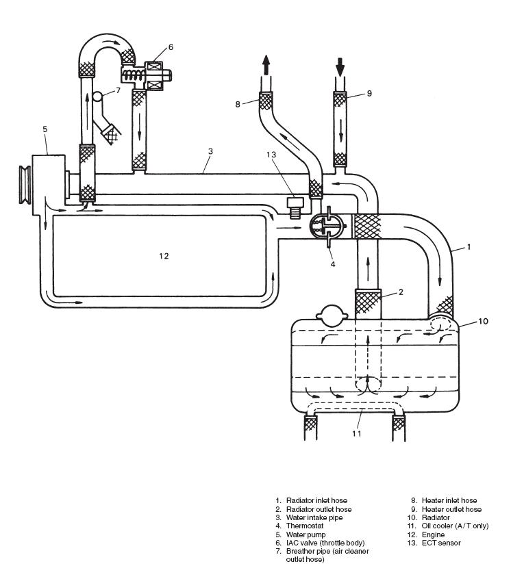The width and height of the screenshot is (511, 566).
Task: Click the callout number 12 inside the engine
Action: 163,256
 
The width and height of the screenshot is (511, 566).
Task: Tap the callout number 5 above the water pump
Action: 45,129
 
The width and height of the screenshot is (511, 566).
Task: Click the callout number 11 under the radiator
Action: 356,433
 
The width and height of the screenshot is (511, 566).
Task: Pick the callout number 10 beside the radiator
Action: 483,321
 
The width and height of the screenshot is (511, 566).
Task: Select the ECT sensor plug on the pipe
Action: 296,206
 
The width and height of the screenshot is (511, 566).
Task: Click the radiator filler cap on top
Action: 328,313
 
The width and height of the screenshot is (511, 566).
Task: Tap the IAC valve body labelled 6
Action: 153,71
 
